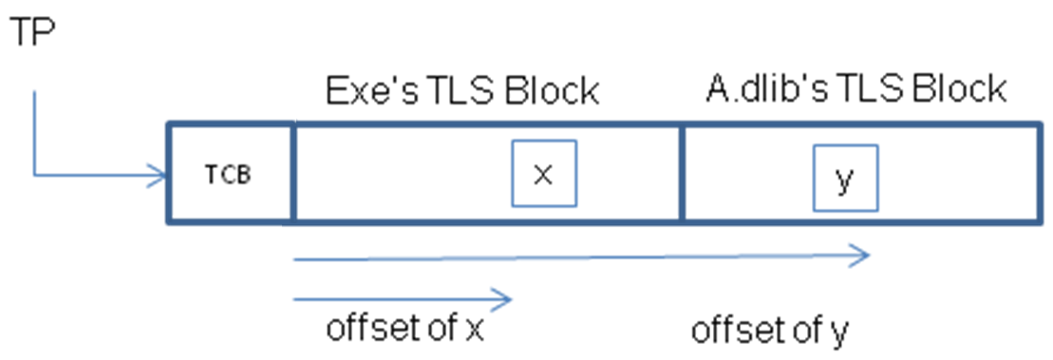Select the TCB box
click(231, 174)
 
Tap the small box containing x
click(543, 173)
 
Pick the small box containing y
click(844, 178)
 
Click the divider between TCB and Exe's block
click(292, 174)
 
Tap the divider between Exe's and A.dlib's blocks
click(681, 174)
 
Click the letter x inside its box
click(543, 174)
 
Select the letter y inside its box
click(844, 180)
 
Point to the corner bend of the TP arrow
click(35, 174)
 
